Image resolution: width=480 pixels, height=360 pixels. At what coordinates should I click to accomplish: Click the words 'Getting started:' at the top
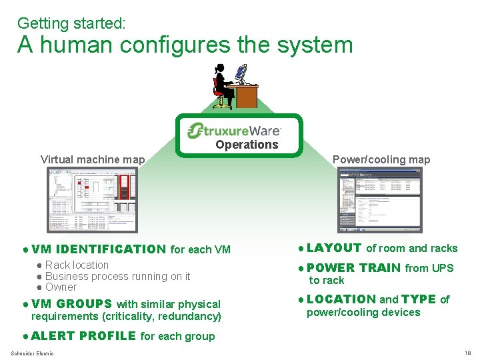click(71, 23)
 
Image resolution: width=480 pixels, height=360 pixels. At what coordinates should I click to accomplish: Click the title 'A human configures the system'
click(185, 45)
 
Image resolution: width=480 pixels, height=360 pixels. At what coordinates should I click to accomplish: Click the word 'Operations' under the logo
click(247, 145)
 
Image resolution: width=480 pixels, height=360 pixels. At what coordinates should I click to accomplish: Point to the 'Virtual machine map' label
click(93, 159)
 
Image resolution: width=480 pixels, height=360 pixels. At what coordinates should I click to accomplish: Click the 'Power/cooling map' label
click(381, 159)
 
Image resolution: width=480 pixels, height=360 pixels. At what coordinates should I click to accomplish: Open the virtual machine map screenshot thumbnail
click(93, 199)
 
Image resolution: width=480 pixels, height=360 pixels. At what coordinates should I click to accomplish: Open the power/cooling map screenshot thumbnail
click(380, 200)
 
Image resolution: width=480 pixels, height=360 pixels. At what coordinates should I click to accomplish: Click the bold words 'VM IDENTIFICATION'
click(98, 250)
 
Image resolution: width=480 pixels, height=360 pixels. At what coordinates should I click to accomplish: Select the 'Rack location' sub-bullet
click(77, 265)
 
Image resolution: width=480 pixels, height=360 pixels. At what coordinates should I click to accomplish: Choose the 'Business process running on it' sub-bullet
click(117, 276)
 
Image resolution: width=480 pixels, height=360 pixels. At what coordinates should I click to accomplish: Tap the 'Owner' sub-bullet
click(61, 287)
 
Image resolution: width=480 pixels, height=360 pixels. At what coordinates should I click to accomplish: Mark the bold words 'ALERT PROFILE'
click(83, 336)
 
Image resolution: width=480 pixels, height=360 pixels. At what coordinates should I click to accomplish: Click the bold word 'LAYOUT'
click(334, 248)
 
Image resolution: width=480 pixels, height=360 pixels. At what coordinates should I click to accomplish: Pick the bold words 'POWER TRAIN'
click(353, 268)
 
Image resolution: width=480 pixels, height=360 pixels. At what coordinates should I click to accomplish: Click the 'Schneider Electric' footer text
click(33, 353)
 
